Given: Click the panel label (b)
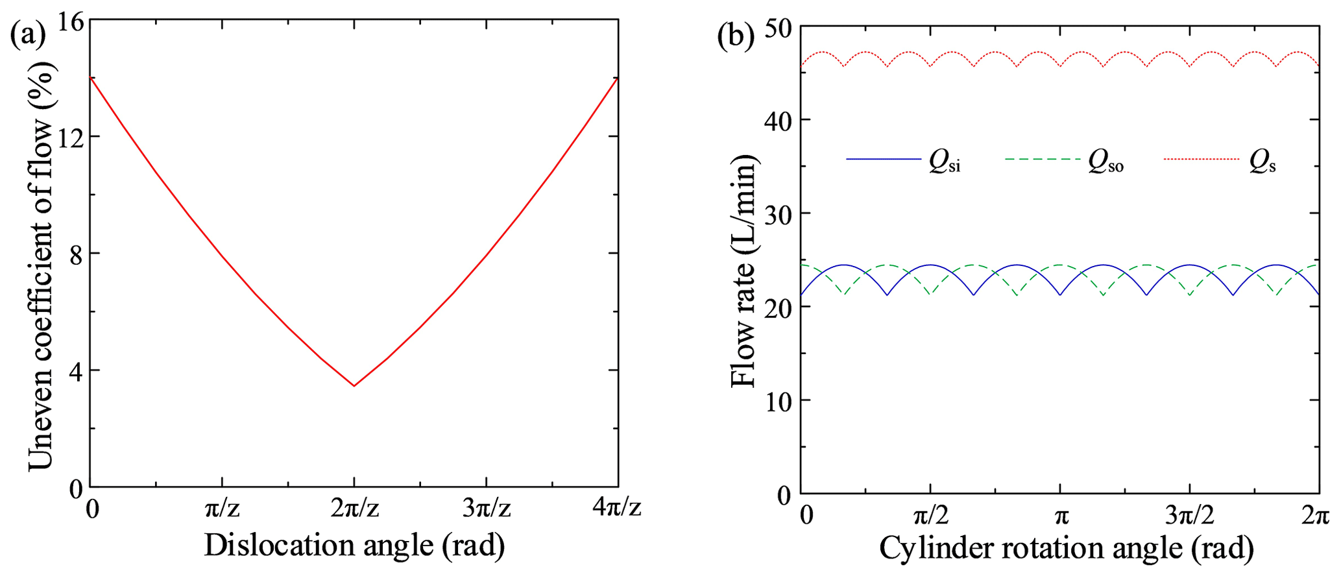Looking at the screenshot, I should tap(736, 36).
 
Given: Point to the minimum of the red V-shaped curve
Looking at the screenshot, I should tap(354, 386).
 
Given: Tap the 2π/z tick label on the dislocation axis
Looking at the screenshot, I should tap(354, 509).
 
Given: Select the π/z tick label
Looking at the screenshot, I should tap(222, 509).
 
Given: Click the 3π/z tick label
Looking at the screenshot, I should tap(487, 509).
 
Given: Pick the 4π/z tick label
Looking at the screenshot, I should tap(617, 509).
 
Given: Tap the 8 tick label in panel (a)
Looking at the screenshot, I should tap(76, 254).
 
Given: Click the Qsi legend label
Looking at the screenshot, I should tap(944, 164).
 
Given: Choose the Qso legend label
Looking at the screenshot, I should tap(1105, 164).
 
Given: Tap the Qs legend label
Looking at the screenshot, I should tap(1262, 164).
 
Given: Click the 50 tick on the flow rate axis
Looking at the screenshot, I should tap(777, 27).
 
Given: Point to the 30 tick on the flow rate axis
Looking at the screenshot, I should tap(777, 213).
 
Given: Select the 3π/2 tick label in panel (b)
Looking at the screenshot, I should tap(1190, 516).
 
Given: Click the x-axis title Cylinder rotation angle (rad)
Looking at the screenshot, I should tap(1066, 549).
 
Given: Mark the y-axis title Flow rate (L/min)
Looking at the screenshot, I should tap(744, 271).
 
